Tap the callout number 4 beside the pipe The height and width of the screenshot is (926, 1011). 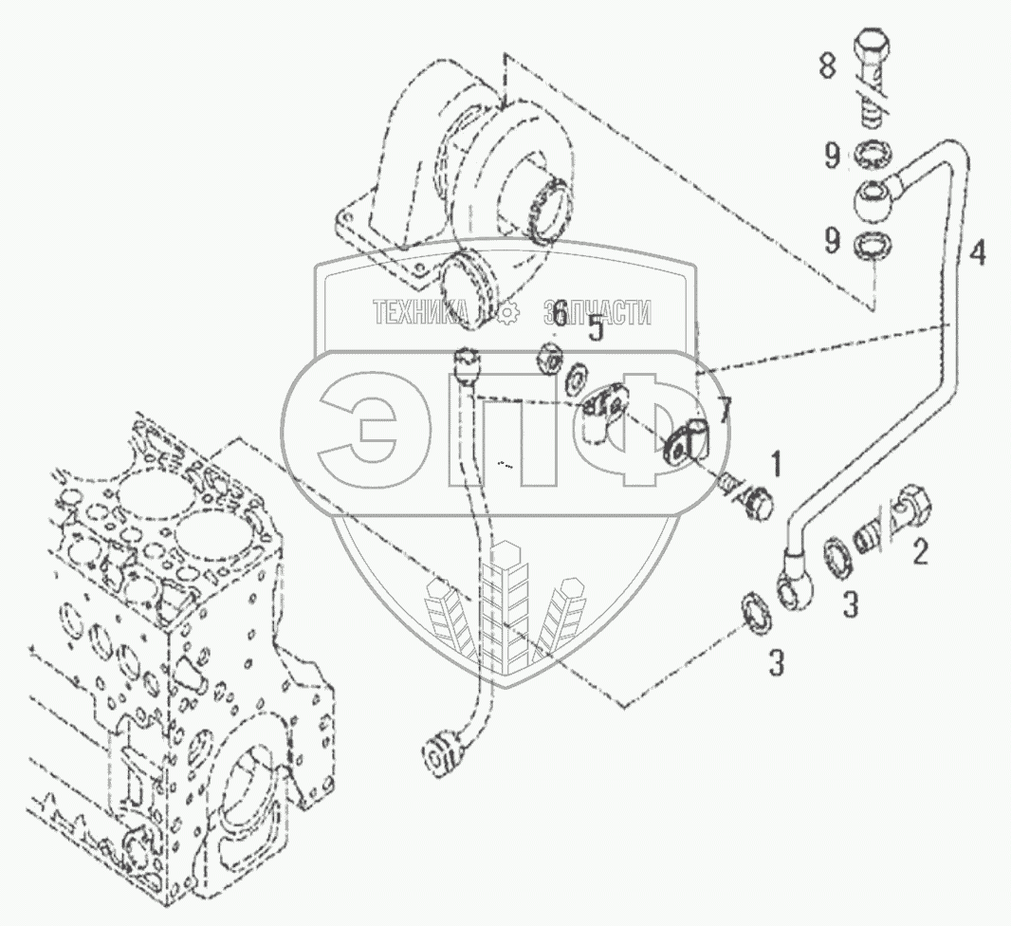[976, 253]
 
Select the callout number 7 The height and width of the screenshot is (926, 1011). [725, 411]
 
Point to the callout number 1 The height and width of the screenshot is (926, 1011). [776, 464]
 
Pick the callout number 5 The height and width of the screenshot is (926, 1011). [595, 330]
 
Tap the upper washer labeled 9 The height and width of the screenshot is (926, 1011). [873, 154]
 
